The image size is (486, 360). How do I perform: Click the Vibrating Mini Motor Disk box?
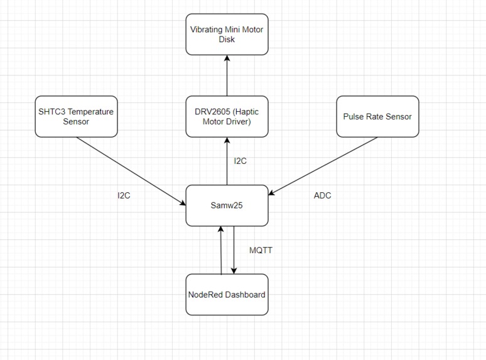(227, 34)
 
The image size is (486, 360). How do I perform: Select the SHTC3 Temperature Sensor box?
(76, 116)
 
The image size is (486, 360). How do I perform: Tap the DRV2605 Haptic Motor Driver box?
(227, 116)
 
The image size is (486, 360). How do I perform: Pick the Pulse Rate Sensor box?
(377, 116)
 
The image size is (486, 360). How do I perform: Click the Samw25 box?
(227, 205)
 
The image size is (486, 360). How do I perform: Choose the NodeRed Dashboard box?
(227, 295)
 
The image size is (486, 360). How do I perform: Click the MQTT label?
(261, 250)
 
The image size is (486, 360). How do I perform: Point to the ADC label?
(322, 195)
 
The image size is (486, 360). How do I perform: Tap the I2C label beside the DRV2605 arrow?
(240, 161)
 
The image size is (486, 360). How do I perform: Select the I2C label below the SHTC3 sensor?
(124, 195)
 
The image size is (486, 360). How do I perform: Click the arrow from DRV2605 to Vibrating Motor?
(227, 75)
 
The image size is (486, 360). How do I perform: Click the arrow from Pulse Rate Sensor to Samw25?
(323, 166)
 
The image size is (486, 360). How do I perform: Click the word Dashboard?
(245, 295)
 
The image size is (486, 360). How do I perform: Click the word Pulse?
(354, 116)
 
